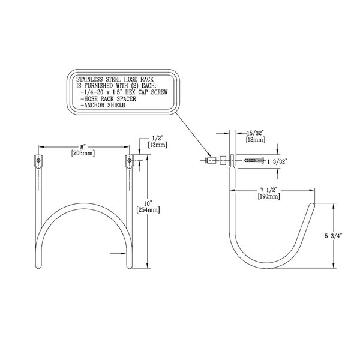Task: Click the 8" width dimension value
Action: pyautogui.click(x=83, y=147)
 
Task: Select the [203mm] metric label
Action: pyautogui.click(x=83, y=153)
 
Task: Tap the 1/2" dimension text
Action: pyautogui.click(x=157, y=139)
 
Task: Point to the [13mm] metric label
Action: pyautogui.click(x=157, y=145)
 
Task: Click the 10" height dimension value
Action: pyautogui.click(x=148, y=203)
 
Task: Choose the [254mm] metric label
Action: pyautogui.click(x=148, y=210)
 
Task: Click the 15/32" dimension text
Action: pyautogui.click(x=256, y=133)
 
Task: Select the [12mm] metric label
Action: pyautogui.click(x=256, y=139)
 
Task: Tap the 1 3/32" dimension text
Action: pyautogui.click(x=277, y=162)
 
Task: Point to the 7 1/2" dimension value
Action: pyautogui.click(x=269, y=190)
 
